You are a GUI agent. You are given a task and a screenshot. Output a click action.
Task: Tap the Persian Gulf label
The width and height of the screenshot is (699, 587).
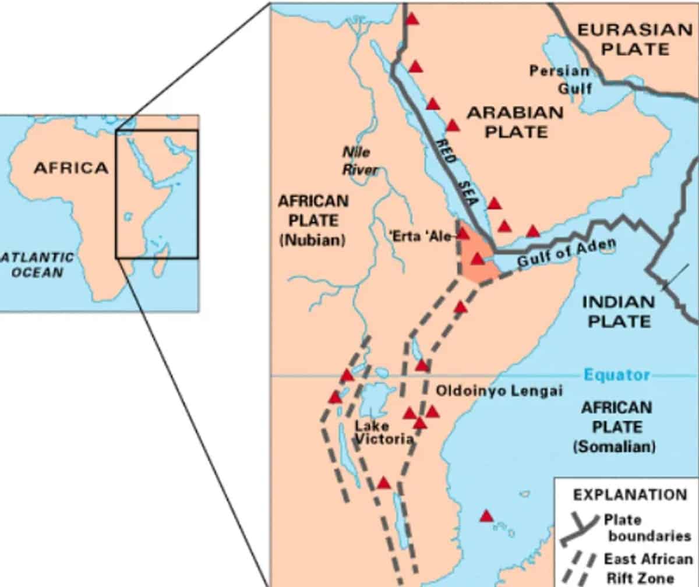pyautogui.click(x=559, y=79)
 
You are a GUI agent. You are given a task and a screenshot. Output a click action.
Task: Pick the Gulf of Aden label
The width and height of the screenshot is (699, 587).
pyautogui.click(x=566, y=254)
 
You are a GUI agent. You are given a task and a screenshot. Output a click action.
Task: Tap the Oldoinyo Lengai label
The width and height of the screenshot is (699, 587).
pyautogui.click(x=499, y=391)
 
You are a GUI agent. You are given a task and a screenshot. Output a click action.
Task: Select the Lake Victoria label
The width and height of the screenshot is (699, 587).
pyautogui.click(x=383, y=432)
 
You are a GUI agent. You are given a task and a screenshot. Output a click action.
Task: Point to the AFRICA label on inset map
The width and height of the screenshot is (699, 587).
pyautogui.click(x=71, y=168)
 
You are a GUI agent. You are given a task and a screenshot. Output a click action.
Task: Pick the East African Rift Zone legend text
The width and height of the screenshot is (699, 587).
pyautogui.click(x=647, y=568)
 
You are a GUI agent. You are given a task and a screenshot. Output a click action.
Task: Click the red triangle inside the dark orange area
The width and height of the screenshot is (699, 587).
pyautogui.click(x=477, y=259)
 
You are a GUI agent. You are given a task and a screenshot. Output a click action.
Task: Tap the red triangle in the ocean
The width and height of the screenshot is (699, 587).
pyautogui.click(x=486, y=516)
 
